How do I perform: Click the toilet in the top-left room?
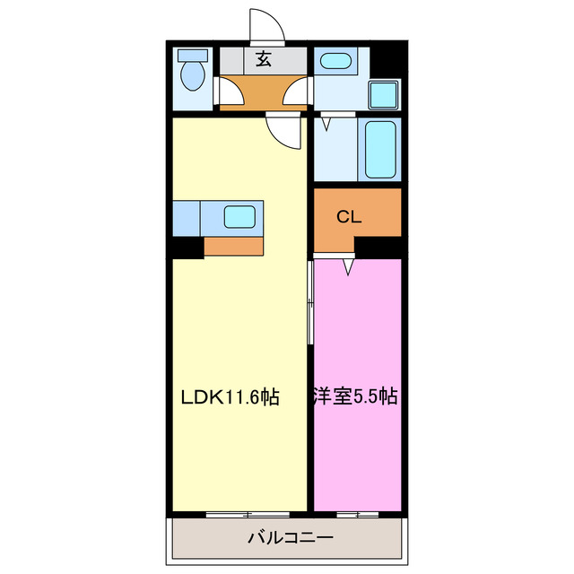[191, 73]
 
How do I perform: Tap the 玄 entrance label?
[264, 60]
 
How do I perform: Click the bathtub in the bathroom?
[379, 150]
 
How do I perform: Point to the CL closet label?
[348, 216]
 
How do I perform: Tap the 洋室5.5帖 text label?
[355, 396]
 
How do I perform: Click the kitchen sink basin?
[239, 216]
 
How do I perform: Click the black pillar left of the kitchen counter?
[188, 247]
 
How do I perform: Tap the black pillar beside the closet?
[377, 247]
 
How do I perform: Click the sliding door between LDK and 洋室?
[311, 305]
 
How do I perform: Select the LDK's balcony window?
[247, 514]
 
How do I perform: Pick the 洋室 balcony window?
[357, 514]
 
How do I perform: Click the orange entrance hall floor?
[264, 92]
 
